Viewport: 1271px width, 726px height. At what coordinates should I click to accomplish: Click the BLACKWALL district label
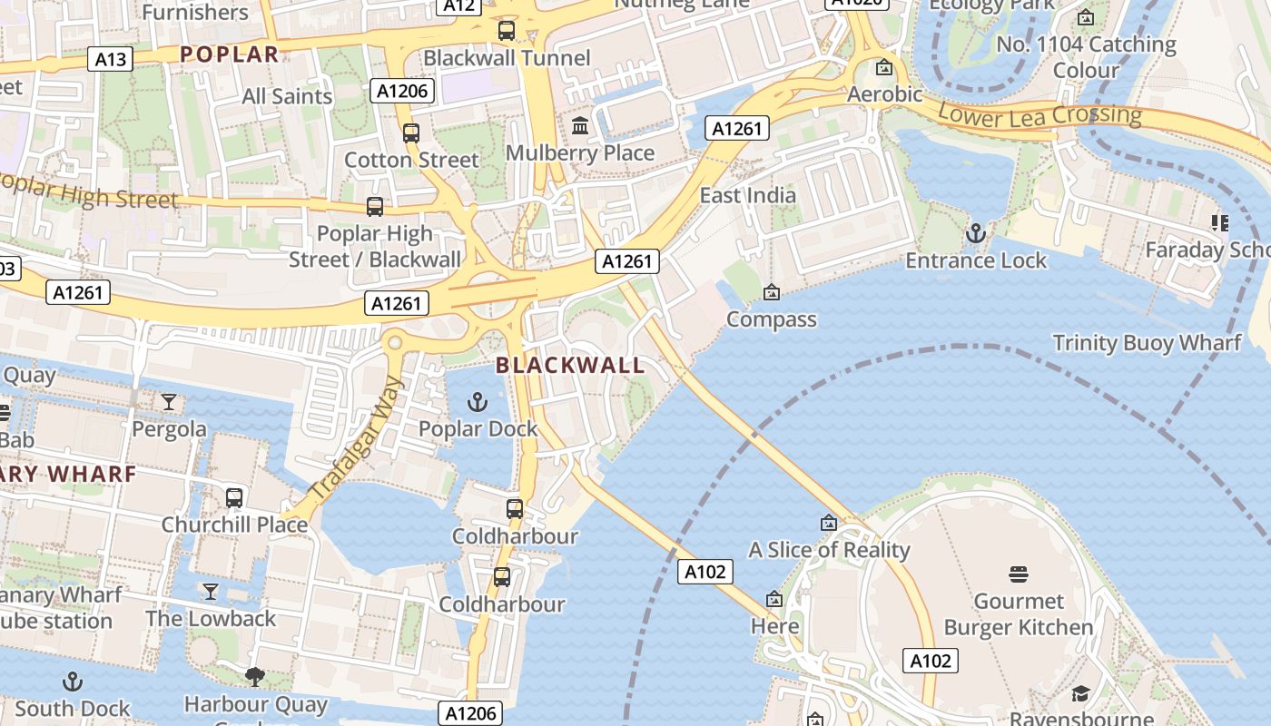570,366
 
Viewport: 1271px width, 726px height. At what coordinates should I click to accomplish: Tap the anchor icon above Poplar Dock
478,401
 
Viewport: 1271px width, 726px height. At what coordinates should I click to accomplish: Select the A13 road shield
111,60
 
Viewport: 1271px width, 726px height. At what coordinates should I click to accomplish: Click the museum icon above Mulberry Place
580,125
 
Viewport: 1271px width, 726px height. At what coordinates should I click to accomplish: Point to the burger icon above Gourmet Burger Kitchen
1018,574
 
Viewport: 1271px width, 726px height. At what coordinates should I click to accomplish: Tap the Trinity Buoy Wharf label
1147,343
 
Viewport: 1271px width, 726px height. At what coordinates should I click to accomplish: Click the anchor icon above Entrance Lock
976,233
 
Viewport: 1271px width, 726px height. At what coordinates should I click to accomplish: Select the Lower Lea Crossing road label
1039,115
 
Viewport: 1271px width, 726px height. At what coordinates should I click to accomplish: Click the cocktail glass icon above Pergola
169,401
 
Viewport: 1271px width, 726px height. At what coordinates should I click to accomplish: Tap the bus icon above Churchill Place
234,497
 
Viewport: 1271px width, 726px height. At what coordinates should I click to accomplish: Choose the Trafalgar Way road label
355,437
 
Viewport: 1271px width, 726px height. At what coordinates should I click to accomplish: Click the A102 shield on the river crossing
704,572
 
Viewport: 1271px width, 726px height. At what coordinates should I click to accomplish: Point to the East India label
747,195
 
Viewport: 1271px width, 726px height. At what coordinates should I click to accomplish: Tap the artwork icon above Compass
771,292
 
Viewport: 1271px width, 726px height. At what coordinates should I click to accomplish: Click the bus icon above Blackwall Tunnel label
507,31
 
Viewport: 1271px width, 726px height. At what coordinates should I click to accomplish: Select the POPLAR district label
229,54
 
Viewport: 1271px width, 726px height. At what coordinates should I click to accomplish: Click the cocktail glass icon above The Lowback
211,592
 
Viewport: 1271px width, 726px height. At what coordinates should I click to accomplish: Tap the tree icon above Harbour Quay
255,676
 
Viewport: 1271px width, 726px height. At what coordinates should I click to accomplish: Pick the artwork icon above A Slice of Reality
828,523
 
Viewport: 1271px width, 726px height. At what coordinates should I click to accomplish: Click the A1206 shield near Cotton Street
402,91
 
